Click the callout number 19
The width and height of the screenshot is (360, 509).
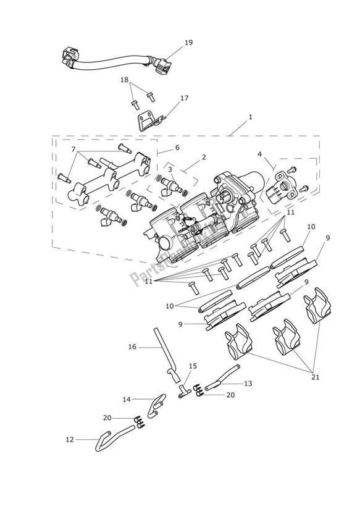188,43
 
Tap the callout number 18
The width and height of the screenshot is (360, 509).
125,80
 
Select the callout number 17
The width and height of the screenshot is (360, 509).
184,98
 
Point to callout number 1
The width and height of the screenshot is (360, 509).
250,116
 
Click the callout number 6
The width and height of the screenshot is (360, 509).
177,148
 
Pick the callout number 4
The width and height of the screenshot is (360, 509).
259,154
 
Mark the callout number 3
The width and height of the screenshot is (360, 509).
170,169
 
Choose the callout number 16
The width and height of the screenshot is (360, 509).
132,347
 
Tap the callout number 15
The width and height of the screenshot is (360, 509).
193,366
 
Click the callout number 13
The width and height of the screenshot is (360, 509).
248,384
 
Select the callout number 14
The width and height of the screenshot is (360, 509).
127,400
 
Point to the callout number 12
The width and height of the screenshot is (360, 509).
69,439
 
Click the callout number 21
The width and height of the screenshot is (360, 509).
316,377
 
